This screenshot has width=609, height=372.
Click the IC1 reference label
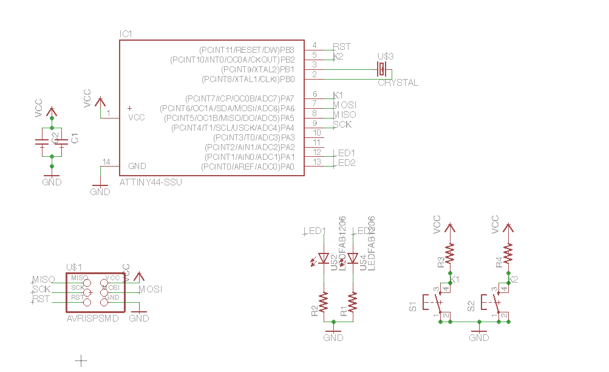[x=126, y=34]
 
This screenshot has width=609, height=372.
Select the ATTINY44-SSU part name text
[x=151, y=182]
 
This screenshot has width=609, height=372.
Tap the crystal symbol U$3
[x=382, y=69]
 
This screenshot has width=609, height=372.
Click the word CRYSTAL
[x=398, y=83]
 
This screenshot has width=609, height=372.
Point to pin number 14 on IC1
[x=107, y=162]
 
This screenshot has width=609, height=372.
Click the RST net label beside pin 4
[x=342, y=46]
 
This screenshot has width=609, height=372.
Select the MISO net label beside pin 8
[x=344, y=115]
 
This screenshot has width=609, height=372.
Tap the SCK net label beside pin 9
[x=342, y=125]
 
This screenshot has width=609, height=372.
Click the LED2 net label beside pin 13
[x=346, y=163]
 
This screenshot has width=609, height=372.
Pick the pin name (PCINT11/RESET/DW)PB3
[x=247, y=49]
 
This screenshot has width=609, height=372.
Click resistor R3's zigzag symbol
[x=450, y=253]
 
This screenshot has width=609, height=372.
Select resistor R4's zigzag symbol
[x=508, y=253]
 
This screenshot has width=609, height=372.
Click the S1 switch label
[x=413, y=306]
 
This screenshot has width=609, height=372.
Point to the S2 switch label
[x=471, y=306]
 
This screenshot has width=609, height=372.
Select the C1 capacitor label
[x=75, y=139]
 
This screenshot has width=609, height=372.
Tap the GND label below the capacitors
[x=52, y=182]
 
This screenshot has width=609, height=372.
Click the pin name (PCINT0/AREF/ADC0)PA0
[x=248, y=167]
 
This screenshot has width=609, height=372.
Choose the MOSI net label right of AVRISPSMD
[x=151, y=289]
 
